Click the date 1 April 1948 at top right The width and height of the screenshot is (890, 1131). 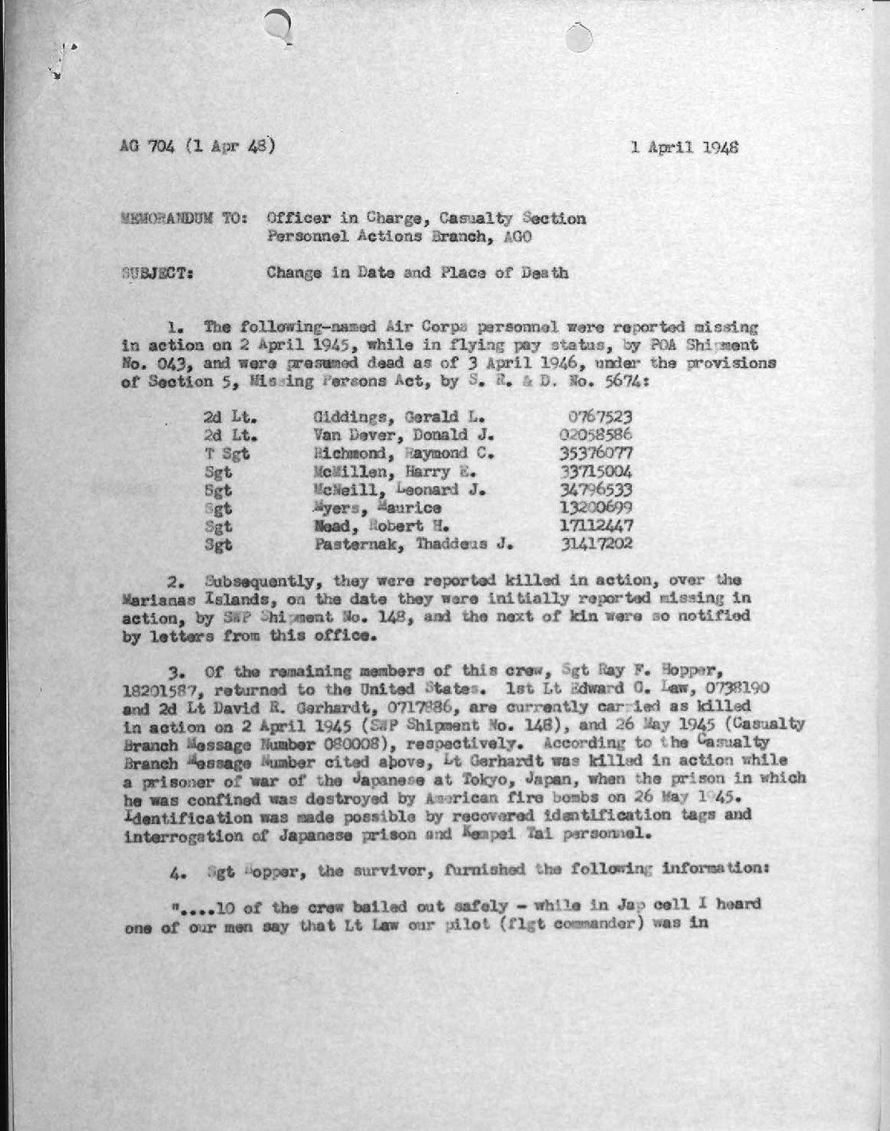684,147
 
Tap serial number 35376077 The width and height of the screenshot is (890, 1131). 597,454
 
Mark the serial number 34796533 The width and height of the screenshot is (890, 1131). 597,489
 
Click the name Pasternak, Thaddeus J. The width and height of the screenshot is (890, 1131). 410,545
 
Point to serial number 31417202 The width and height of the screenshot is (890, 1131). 597,545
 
